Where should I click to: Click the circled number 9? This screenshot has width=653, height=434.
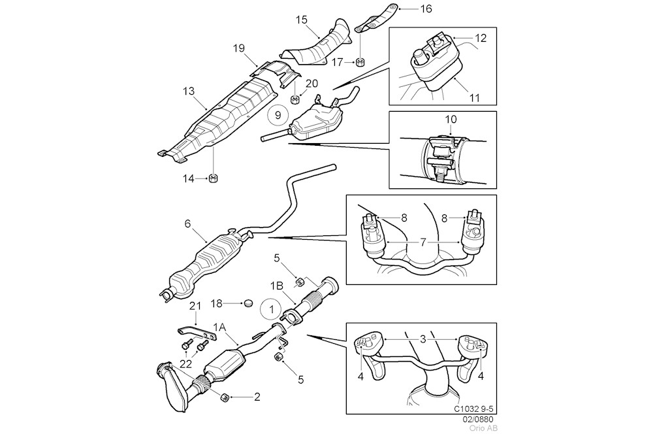[278, 116]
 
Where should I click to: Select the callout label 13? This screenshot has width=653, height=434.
[189, 90]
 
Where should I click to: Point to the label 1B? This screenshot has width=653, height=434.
[277, 286]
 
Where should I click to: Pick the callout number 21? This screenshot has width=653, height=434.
[195, 307]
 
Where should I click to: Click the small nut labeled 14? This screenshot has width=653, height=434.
[214, 178]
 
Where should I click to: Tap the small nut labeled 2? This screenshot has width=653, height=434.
[226, 396]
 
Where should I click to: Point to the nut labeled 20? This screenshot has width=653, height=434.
[295, 99]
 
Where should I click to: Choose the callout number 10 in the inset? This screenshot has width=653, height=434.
[451, 120]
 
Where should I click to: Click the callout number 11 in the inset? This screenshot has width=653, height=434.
[474, 98]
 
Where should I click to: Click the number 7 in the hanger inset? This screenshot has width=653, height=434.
[423, 242]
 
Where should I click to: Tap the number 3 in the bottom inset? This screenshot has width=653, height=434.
[423, 339]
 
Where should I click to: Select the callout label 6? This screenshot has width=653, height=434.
[187, 224]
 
